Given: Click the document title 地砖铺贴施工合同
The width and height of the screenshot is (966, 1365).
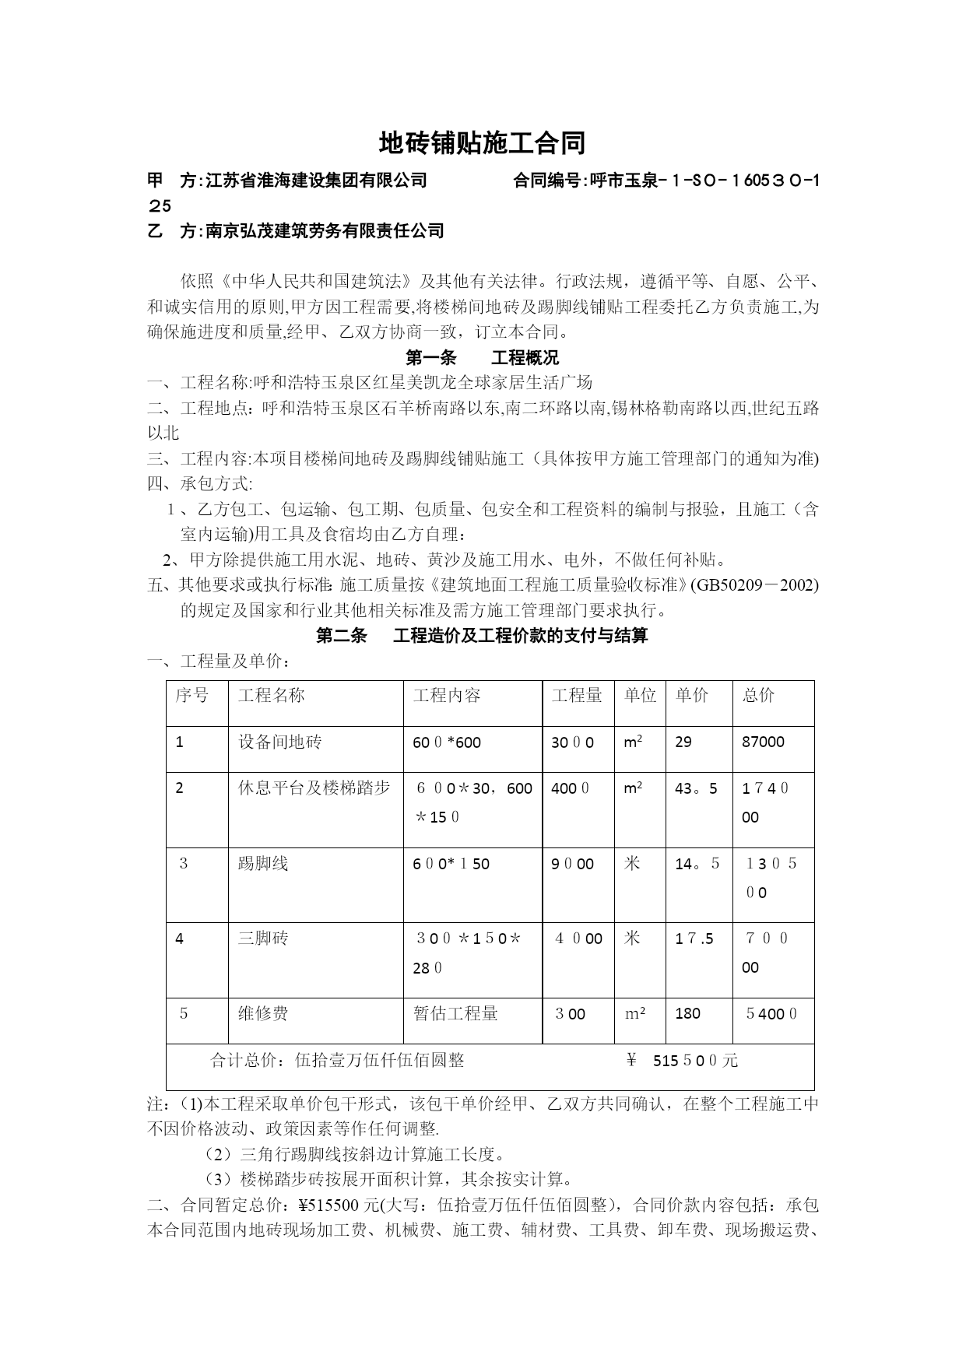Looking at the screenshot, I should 482,143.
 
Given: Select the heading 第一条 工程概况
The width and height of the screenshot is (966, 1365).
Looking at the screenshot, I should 482,358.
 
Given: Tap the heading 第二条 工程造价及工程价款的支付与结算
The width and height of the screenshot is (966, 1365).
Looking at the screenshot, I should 482,636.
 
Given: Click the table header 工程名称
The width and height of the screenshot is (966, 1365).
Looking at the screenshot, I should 272,695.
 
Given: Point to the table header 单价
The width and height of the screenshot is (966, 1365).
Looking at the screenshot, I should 691,695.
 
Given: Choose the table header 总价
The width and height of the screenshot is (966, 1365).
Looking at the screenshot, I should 758,695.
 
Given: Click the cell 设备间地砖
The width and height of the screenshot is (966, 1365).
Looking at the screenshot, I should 279,742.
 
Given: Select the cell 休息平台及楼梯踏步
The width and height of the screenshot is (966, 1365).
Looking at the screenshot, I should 314,788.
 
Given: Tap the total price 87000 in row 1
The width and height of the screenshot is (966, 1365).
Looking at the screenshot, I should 763,742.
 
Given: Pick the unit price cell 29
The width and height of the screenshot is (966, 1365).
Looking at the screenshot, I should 683,742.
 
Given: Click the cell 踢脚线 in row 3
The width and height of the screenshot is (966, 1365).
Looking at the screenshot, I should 263,863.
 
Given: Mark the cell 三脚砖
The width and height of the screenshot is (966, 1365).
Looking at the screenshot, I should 263,939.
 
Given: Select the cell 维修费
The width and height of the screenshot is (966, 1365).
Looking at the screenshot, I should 263,1013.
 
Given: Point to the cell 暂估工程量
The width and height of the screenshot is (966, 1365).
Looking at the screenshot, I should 455,1013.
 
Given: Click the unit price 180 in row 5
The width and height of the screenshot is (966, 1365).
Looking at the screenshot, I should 687,1013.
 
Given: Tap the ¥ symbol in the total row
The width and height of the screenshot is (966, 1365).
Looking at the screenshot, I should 631,1060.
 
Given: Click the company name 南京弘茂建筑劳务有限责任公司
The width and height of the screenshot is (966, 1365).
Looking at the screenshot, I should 325,230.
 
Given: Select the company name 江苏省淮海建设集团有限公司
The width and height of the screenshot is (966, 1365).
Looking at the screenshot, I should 316,181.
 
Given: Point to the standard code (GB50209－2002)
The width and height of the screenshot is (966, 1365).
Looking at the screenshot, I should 754,584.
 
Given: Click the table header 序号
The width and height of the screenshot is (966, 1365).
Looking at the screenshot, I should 191,695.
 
